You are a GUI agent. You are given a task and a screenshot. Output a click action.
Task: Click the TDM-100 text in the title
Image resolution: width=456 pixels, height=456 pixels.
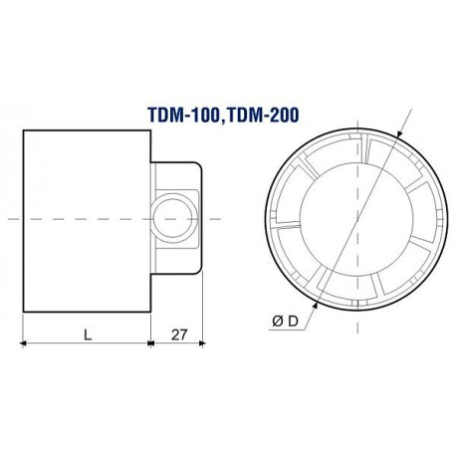(x=183, y=115)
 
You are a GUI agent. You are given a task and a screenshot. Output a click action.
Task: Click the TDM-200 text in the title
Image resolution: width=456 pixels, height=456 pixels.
(x=262, y=114)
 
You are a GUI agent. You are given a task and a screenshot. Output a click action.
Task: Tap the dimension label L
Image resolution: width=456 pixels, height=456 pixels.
(x=88, y=335)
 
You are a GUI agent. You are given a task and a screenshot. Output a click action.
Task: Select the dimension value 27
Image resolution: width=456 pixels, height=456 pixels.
(x=179, y=335)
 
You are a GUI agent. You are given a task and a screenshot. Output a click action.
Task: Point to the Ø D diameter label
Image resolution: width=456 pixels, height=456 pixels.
(x=285, y=322)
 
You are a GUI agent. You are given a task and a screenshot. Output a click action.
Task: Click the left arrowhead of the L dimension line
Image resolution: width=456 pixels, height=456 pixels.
(x=23, y=343)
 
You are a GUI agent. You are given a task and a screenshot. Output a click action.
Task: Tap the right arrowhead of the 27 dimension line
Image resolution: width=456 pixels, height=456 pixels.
(x=201, y=343)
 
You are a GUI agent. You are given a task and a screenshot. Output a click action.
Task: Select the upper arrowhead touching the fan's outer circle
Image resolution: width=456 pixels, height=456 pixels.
(x=399, y=133)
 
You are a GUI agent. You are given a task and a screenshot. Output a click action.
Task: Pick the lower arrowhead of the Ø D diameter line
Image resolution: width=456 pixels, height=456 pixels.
(x=316, y=306)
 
